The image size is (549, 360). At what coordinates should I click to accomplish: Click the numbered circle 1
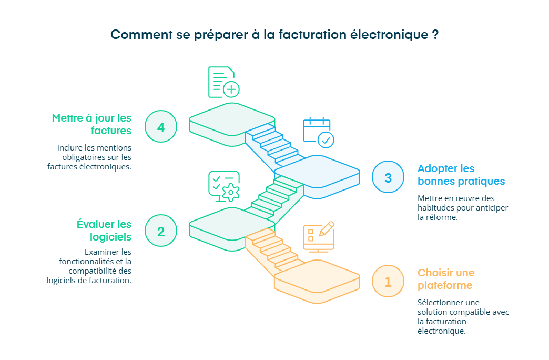coord(388,282)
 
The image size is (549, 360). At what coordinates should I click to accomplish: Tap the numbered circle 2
coord(161,231)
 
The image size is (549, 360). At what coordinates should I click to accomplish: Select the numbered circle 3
coord(388,177)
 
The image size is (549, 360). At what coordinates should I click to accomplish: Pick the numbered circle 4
coord(161,127)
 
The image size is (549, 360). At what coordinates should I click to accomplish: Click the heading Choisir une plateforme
coord(445,279)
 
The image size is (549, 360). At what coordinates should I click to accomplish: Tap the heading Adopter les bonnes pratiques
coord(461,175)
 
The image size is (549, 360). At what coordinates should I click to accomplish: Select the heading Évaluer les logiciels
coord(104,231)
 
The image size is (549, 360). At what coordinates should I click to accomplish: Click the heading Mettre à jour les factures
coord(91,124)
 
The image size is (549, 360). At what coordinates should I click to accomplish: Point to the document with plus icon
coord(223,82)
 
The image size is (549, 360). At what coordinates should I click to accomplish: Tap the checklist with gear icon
coord(224,186)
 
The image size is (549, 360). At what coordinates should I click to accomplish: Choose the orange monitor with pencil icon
coord(318,237)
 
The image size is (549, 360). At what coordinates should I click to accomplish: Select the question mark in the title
coord(435,35)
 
